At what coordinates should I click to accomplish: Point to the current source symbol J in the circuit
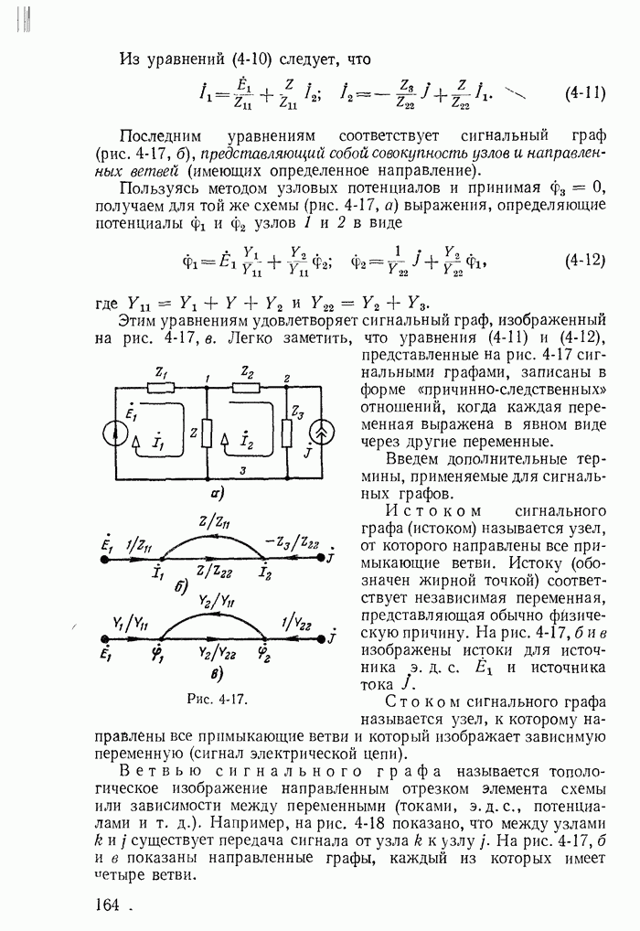pos(324,430)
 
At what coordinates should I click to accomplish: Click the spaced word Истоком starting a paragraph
pos(427,509)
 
